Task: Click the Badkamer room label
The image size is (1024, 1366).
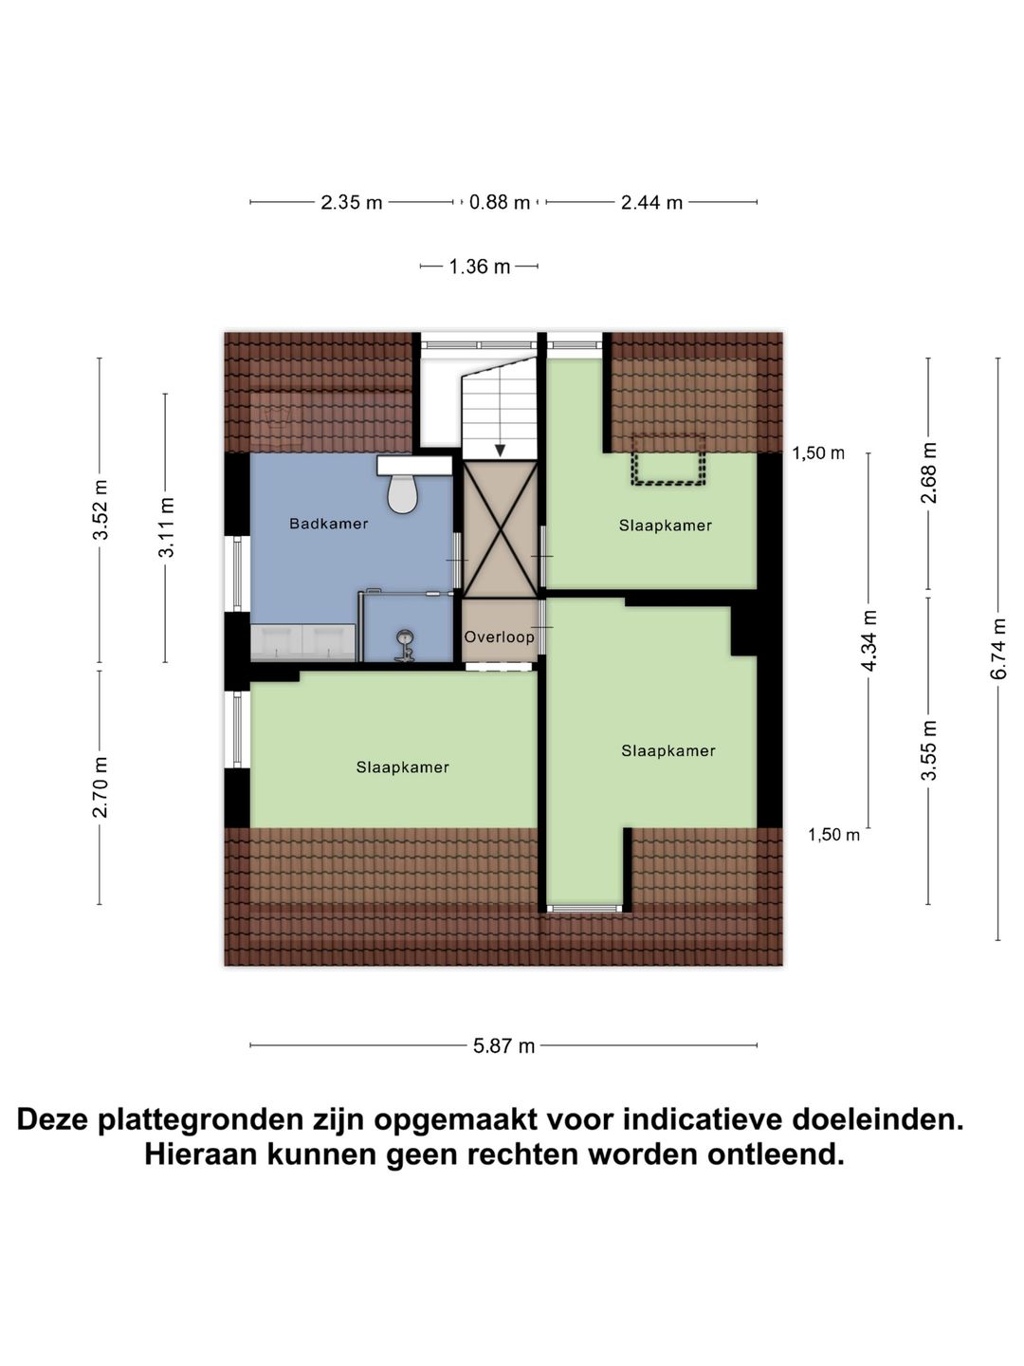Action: tap(328, 524)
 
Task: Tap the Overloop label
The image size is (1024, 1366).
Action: tap(499, 637)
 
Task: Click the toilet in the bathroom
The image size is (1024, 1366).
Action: tap(403, 493)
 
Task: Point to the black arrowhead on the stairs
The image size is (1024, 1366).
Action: tap(500, 450)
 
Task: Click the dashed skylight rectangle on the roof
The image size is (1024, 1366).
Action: tap(668, 460)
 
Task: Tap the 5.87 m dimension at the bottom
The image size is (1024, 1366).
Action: tap(503, 1045)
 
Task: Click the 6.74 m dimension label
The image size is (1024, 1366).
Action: tap(998, 649)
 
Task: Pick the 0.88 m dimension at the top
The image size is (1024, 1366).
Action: tap(500, 202)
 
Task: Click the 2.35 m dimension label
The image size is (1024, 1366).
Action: tap(351, 202)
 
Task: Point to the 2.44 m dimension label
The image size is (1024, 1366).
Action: tap(651, 202)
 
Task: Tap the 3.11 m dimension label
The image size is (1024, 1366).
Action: tap(166, 527)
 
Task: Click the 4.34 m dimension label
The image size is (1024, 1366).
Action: tap(869, 641)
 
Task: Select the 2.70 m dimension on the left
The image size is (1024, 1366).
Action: tap(100, 786)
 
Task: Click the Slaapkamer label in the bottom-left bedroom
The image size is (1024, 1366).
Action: tap(402, 767)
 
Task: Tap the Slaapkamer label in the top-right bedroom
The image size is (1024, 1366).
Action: tap(665, 526)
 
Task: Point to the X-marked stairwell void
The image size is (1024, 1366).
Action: tap(500, 528)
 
